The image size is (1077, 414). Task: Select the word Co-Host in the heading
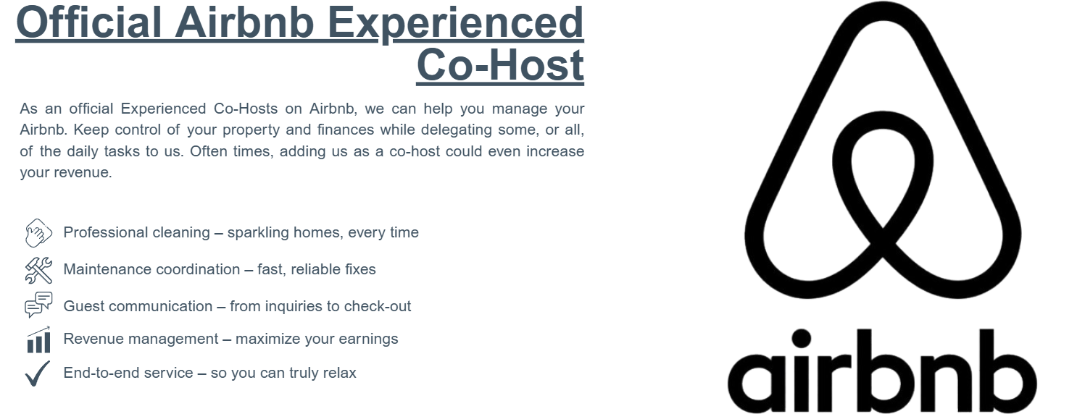tap(500, 65)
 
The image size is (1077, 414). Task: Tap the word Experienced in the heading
tap(456, 24)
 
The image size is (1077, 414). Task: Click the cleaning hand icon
tap(38, 233)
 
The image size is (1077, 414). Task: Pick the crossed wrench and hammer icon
tap(38, 270)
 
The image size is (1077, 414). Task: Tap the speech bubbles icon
tap(38, 305)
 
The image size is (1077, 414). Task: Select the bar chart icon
tap(38, 339)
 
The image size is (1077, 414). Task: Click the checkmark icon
tap(38, 373)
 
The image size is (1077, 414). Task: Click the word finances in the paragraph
tap(346, 130)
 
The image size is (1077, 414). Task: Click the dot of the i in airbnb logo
tap(801, 339)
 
